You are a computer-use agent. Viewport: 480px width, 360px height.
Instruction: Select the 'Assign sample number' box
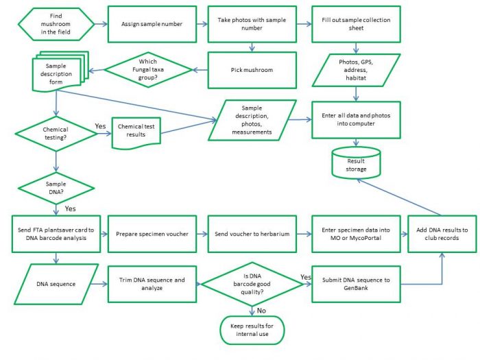tap(152, 24)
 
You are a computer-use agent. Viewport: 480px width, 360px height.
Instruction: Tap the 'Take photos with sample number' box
tap(254, 24)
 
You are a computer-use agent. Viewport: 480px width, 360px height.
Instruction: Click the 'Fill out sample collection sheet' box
tap(355, 24)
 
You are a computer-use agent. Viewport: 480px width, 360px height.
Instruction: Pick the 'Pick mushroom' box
tap(254, 70)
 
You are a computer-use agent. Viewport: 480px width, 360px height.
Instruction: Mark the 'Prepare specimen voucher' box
tap(152, 234)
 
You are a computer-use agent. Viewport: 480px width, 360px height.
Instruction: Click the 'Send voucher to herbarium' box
tap(254, 234)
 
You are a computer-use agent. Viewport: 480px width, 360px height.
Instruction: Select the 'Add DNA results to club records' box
tap(442, 234)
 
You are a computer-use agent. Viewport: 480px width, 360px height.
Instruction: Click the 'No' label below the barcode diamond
tap(261, 309)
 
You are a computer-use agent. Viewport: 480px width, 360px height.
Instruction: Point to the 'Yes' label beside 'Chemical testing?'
tap(99, 126)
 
